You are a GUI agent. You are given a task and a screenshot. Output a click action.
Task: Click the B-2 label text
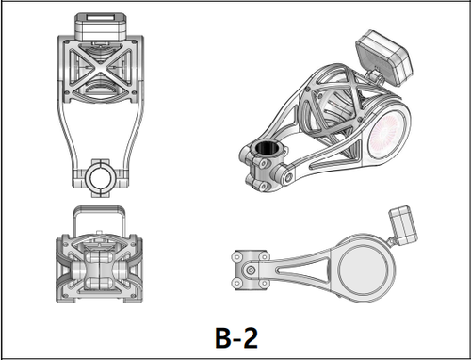[236, 337]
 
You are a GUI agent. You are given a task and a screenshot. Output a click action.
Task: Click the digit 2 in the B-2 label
[249, 337]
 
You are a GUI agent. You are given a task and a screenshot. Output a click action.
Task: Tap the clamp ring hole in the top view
[100, 178]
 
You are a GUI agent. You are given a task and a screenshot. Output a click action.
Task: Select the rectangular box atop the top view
[101, 26]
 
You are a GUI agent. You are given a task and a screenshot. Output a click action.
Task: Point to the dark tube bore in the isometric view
[266, 148]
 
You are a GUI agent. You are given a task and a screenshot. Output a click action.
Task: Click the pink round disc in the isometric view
[384, 135]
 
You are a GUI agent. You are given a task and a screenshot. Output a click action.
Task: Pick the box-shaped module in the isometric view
[385, 57]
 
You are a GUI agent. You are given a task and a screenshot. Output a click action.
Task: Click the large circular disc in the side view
[364, 270]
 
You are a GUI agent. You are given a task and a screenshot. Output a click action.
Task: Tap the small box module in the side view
[403, 225]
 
